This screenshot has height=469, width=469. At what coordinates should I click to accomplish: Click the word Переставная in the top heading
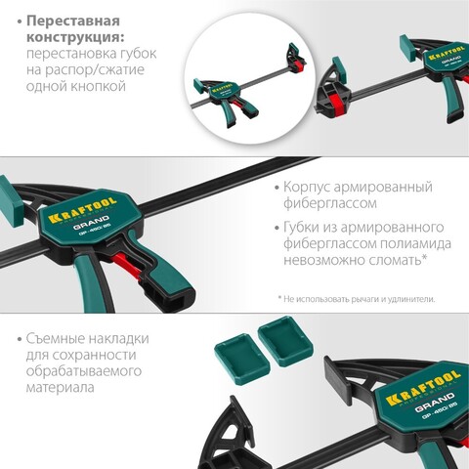(x=73, y=21)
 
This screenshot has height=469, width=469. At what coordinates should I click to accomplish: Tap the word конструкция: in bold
(x=75, y=37)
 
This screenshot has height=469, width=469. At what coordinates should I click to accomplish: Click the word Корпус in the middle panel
(x=307, y=188)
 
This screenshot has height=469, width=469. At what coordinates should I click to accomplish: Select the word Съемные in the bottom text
(x=56, y=339)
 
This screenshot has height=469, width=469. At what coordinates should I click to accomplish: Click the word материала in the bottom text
(x=60, y=388)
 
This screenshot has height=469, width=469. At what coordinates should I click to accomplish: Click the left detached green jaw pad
(x=242, y=356)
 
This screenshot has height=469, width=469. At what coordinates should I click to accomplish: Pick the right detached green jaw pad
(x=285, y=340)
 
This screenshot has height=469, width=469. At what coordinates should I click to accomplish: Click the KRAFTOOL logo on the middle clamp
(x=82, y=210)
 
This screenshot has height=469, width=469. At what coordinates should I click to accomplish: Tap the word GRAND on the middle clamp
(x=91, y=223)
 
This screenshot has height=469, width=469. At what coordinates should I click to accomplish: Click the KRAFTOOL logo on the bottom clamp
(x=423, y=388)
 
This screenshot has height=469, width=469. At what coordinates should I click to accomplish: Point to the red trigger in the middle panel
(x=127, y=267)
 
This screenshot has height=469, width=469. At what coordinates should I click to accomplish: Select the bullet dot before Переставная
(x=20, y=22)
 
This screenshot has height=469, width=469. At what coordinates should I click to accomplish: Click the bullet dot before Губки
(x=277, y=228)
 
